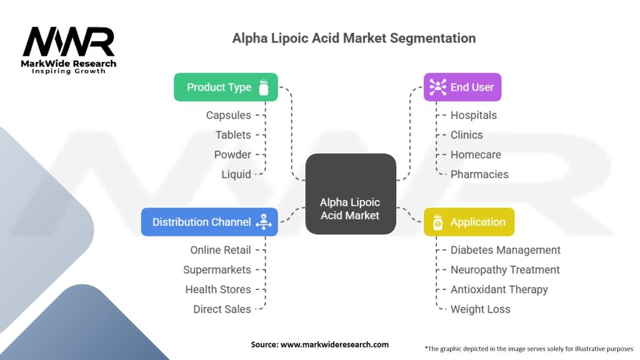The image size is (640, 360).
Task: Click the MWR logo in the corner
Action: [69, 50]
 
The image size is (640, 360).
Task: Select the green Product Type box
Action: [226, 87]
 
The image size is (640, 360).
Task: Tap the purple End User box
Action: [462, 87]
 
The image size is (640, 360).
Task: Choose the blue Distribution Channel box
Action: [209, 222]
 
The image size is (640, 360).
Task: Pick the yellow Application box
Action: [469, 222]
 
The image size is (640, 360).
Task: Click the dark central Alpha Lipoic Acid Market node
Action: [351, 194]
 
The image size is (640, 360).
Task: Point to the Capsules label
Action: [229, 115]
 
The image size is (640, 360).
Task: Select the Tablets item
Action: [233, 135]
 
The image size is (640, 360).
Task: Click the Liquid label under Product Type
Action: [236, 174]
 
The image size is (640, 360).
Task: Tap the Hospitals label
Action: [474, 115]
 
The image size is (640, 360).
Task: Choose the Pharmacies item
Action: [479, 174]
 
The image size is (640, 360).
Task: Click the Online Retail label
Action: [221, 250]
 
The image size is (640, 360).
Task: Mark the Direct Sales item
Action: [222, 309]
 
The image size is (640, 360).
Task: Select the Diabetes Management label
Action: [505, 250]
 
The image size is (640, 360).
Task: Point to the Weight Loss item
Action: [481, 309]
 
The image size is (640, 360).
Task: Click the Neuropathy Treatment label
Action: [505, 270]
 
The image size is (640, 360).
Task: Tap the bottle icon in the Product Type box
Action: [264, 87]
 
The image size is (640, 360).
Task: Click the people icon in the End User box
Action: [437, 87]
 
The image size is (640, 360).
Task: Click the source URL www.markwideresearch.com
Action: [335, 344]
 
